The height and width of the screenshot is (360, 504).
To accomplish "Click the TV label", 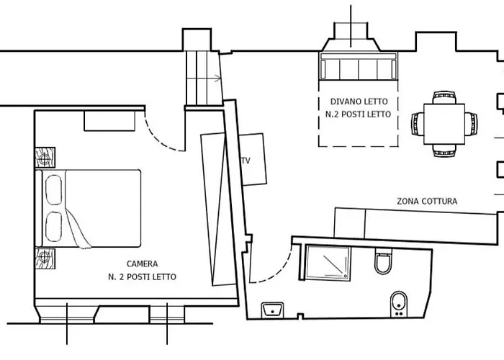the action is coord(246,161).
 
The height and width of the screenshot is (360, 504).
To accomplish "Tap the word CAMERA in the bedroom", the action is coord(142,264).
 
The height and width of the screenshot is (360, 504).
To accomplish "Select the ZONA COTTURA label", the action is coord(427,201).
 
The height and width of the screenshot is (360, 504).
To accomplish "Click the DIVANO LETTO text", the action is coord(359,102).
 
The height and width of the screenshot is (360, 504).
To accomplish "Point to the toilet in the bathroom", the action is coord(383,261).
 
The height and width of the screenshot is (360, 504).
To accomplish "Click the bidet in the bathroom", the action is coord(399,304).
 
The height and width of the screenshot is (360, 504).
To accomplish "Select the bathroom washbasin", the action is coord(273,310).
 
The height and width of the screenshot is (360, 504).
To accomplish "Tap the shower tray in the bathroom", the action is coord(328,263).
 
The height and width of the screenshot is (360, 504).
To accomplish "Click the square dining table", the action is coord(444,124).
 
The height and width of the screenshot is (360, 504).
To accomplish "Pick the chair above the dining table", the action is coord(444,97).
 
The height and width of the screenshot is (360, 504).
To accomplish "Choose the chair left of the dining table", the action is coord(418,124).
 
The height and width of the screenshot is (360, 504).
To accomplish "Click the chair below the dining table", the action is coord(444,150).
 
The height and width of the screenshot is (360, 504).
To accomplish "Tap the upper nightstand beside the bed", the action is coord(45,158).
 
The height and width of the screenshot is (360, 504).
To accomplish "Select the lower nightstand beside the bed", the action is coord(45,258).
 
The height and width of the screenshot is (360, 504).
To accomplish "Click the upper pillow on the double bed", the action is coord(54,190).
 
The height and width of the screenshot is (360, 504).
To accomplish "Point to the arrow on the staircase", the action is coord(204,78).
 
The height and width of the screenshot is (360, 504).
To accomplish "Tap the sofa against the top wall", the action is coord(359,66).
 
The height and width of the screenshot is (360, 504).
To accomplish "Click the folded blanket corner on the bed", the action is coord(78,229).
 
